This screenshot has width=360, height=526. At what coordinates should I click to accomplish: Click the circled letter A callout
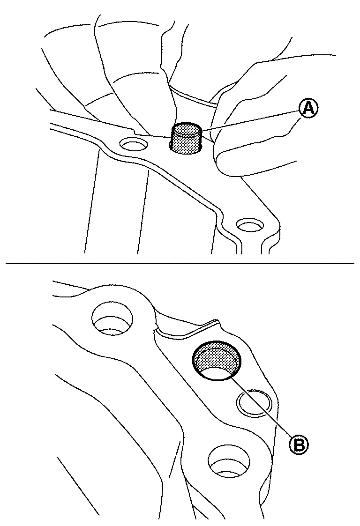click(x=308, y=110)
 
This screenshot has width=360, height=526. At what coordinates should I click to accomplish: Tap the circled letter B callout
click(x=299, y=445)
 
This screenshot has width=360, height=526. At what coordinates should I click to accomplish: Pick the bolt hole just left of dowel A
click(x=134, y=145)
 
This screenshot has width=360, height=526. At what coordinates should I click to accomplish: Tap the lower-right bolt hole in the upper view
click(x=249, y=225)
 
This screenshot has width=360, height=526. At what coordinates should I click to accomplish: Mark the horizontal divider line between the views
click(x=180, y=263)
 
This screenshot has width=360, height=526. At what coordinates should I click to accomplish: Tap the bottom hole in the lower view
click(x=229, y=461)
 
